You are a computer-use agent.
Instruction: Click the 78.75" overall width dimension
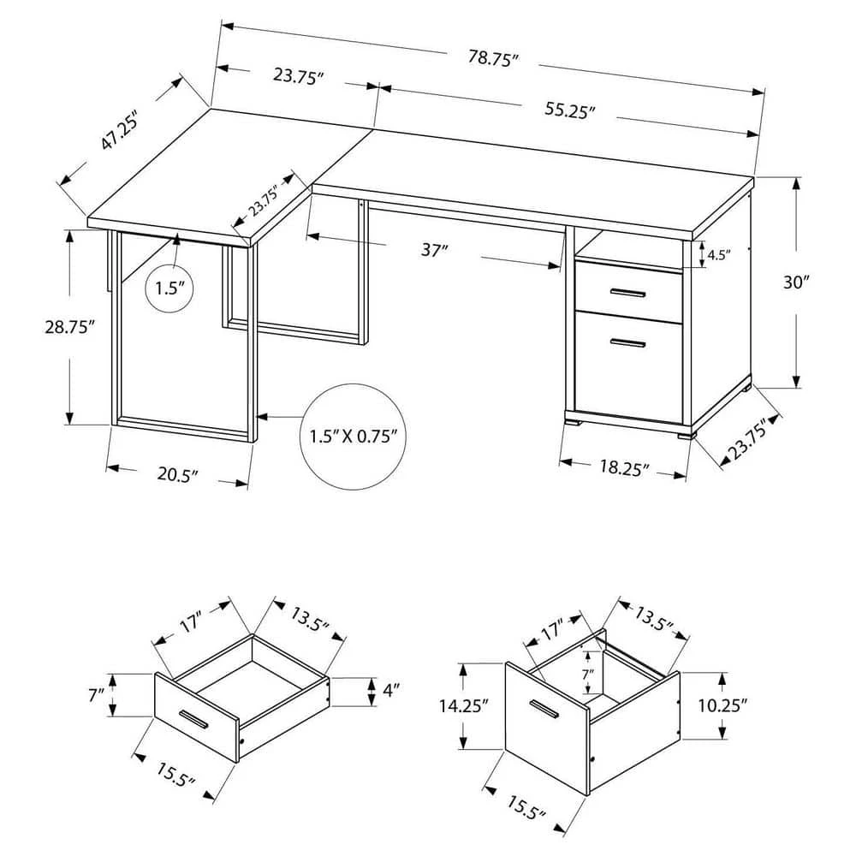[x=495, y=59]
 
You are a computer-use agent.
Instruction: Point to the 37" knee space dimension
[x=435, y=251]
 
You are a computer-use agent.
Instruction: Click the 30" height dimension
[x=800, y=283]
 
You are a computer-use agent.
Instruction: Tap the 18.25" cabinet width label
[x=623, y=468]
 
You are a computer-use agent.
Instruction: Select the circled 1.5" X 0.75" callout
[x=350, y=437]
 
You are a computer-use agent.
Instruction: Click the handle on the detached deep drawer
[x=544, y=710]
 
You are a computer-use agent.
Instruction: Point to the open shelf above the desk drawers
[x=628, y=247]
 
